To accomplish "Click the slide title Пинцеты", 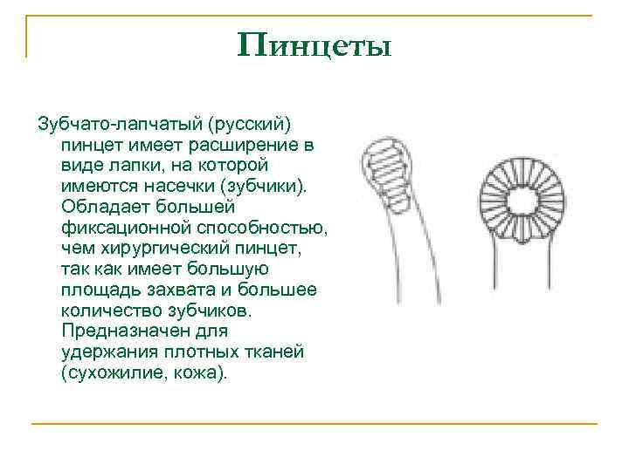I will [314, 44].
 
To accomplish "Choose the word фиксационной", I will [114, 227].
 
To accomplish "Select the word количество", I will [109, 310].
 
